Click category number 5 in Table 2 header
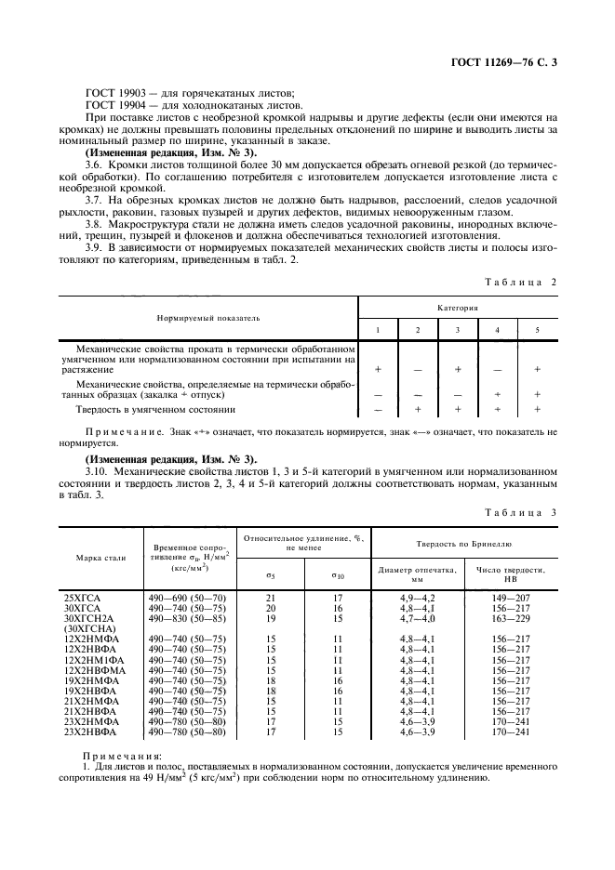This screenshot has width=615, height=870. click(538, 330)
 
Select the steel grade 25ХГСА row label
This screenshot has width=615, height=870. click(84, 594)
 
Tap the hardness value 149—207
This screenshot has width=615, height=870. click(509, 594)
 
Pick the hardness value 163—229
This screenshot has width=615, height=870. click(509, 616)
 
